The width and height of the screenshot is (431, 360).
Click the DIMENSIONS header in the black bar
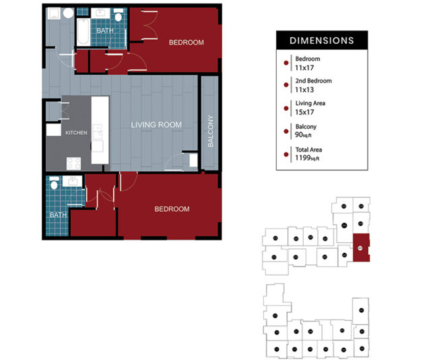[x=322, y=40]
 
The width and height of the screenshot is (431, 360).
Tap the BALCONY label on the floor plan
[x=210, y=132]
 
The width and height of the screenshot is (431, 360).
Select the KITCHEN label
[x=76, y=133]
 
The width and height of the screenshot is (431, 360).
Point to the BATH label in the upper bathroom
[x=104, y=31]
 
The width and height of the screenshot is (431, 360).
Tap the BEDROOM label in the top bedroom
[x=186, y=43]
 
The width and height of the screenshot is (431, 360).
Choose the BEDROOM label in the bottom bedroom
[x=172, y=209]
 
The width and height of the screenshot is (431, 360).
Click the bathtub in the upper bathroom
[x=83, y=31]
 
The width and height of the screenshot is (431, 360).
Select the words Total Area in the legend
[x=310, y=148]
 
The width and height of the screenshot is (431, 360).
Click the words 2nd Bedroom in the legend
[x=313, y=81]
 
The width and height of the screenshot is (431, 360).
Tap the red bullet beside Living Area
[x=286, y=108]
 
